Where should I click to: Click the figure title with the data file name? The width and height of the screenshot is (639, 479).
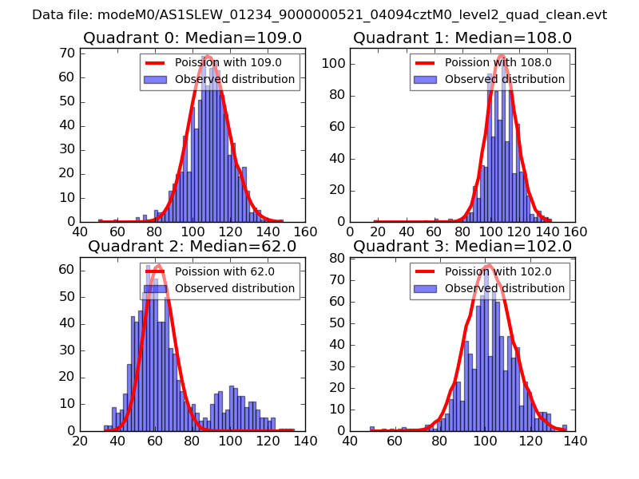[319, 15]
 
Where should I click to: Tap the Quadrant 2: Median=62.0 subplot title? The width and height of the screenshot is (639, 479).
[192, 247]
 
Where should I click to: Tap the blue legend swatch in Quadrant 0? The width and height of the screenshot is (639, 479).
[156, 79]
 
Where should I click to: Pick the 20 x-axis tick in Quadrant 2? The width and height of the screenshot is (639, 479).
[81, 441]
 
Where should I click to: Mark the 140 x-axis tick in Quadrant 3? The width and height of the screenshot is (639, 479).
[575, 441]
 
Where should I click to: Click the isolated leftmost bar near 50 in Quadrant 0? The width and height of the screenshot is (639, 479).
[100, 220]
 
